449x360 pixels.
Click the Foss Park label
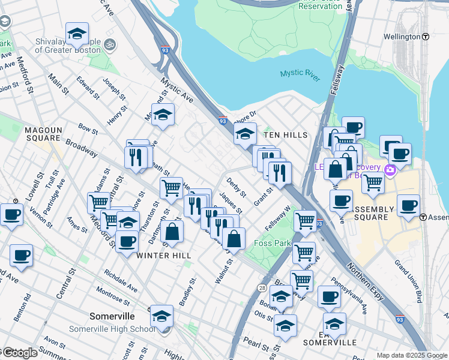coord(273,243)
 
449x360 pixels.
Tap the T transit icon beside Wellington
coord(426,37)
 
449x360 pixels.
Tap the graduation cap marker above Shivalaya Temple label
coord(77,34)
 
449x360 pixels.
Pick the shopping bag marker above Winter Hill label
coord(172,232)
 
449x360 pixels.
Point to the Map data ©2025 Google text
coord(411,355)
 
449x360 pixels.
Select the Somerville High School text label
coord(112,329)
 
